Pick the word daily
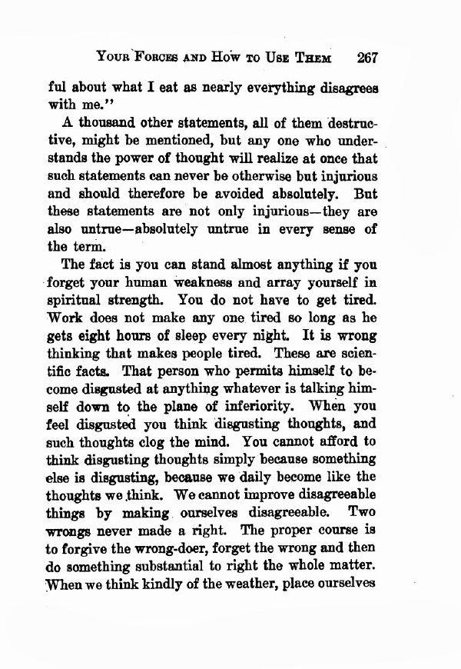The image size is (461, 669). [x=261, y=477]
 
